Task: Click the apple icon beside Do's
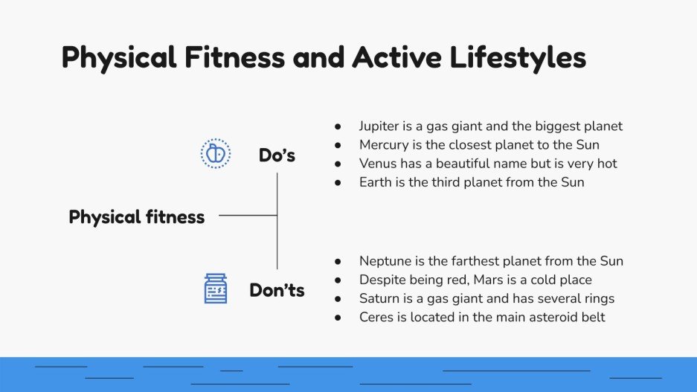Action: (x=216, y=154)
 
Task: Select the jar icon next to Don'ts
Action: (x=216, y=289)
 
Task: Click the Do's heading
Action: (x=277, y=155)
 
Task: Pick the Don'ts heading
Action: (x=277, y=290)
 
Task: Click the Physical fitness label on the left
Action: (x=136, y=217)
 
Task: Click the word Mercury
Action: (x=385, y=145)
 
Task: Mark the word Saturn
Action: (x=379, y=298)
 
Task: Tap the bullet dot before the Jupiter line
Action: (x=338, y=126)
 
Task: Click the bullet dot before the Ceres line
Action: (x=338, y=318)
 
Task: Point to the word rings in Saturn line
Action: (x=599, y=298)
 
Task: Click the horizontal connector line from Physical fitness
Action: (x=248, y=216)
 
